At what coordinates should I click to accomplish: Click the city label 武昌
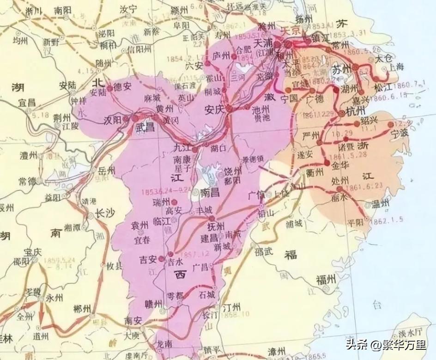coord(145,128)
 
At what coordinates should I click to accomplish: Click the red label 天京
coord(291,29)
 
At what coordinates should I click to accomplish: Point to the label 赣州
coord(154,304)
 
